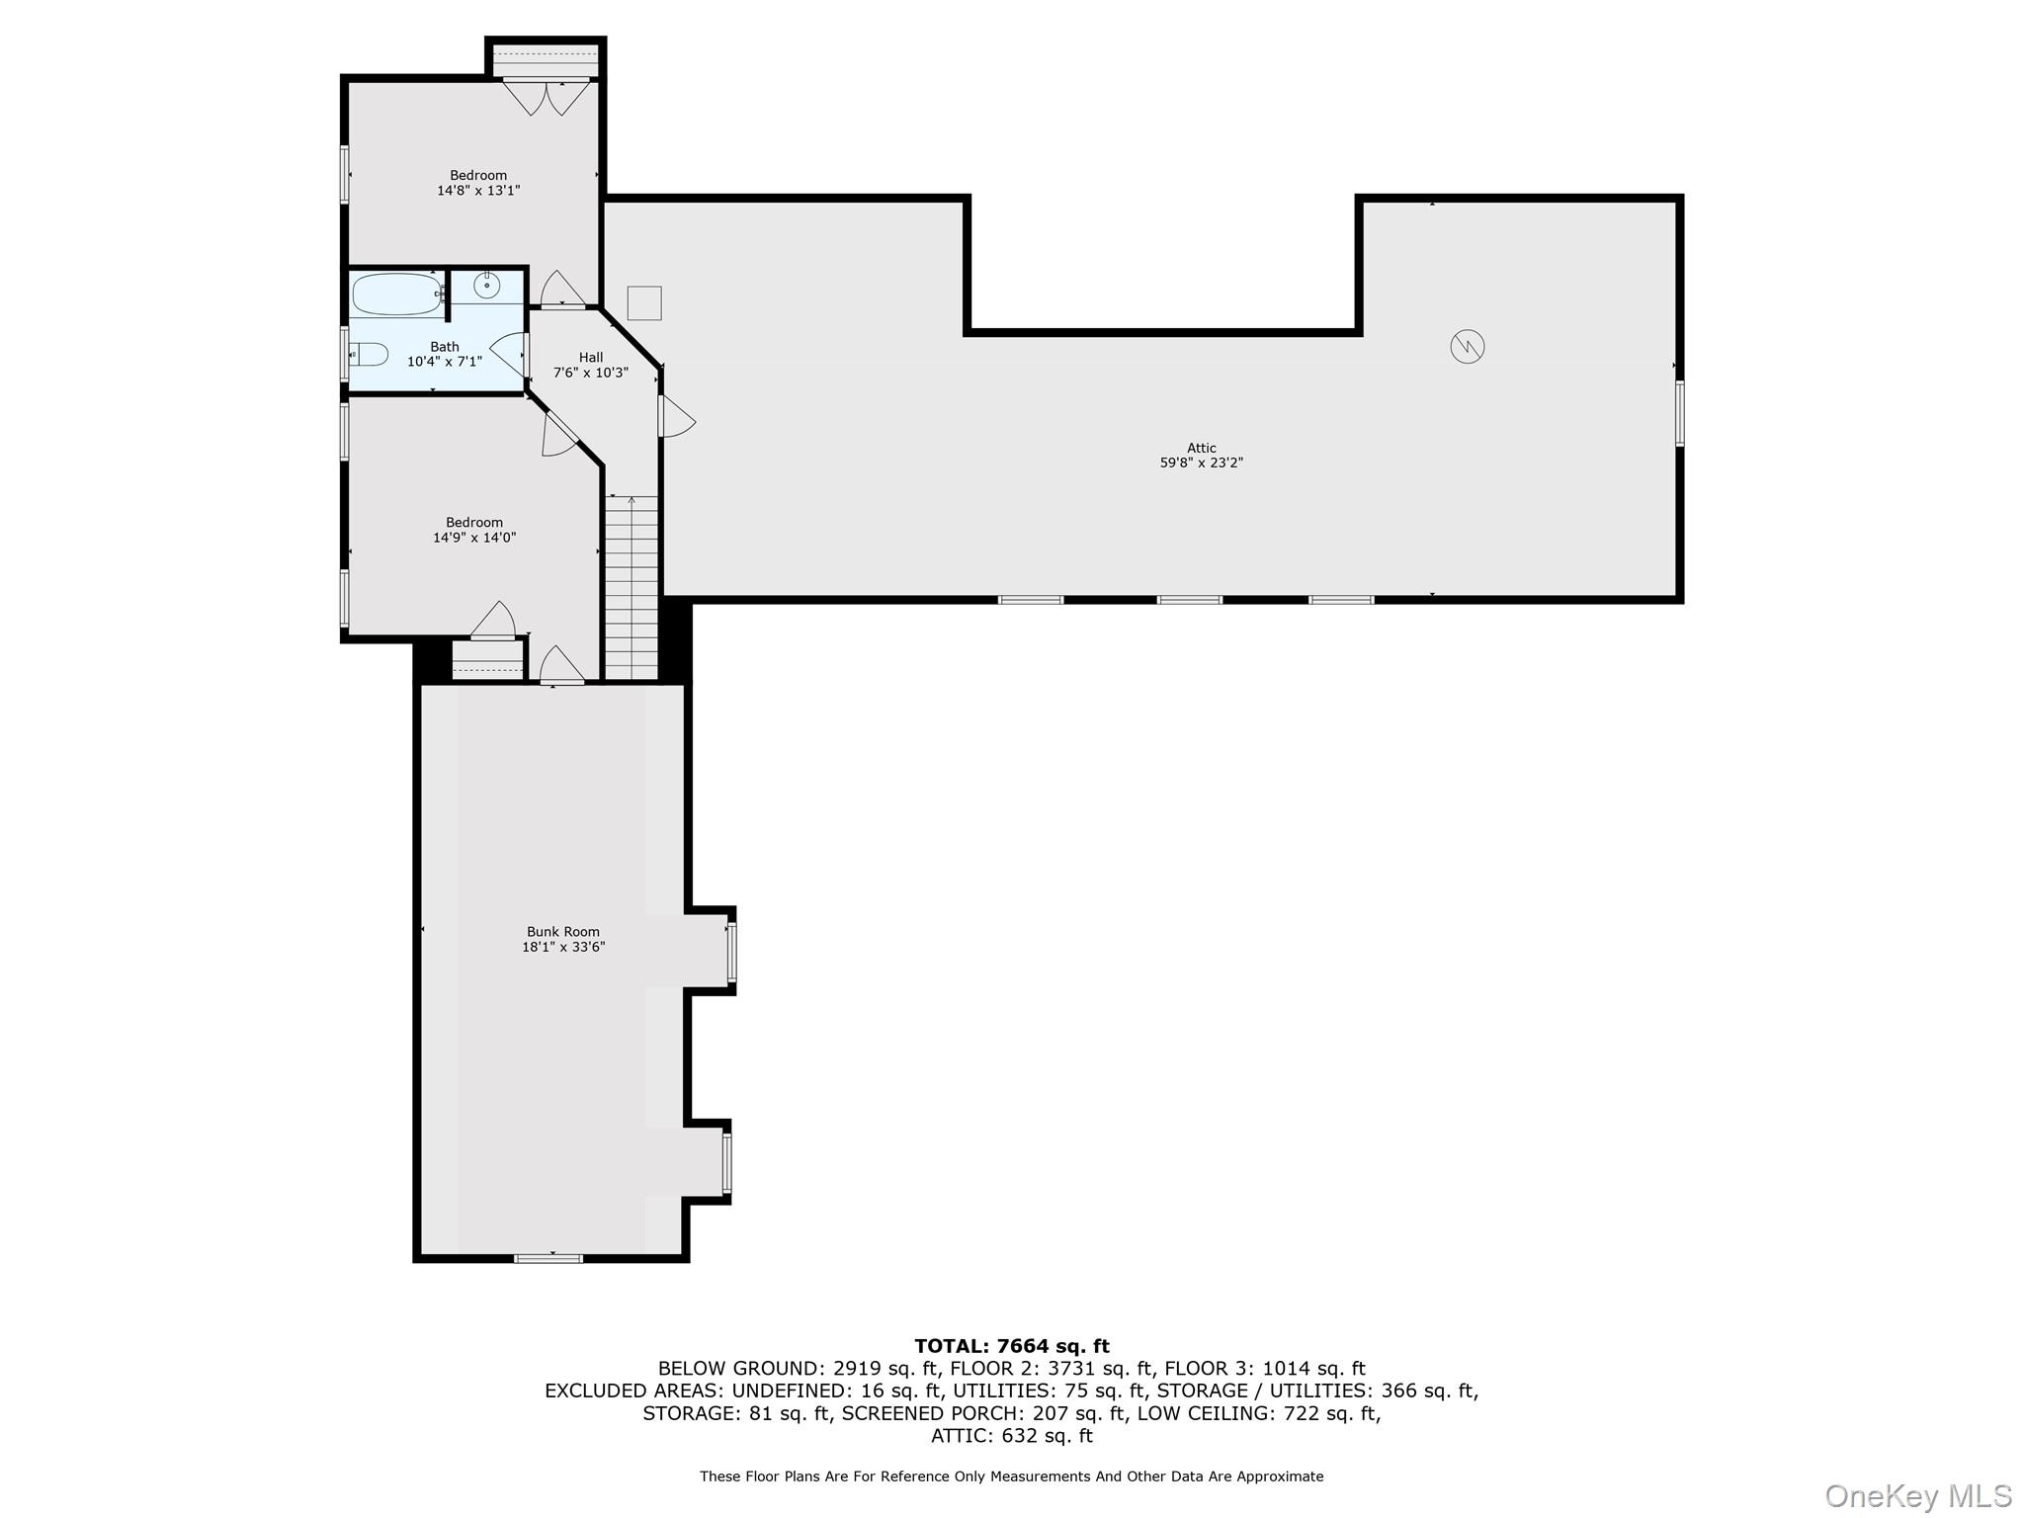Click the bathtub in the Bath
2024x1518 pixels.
point(397,295)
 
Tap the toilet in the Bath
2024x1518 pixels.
point(371,354)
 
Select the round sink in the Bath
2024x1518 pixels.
point(486,286)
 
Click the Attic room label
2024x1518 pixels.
point(1201,448)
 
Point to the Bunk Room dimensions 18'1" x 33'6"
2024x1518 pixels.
point(563,947)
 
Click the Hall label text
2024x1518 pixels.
point(591,358)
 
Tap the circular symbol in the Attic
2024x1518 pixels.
point(1468,347)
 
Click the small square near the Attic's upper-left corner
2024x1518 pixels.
point(644,302)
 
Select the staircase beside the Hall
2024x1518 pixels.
point(632,588)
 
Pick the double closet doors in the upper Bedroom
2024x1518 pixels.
point(546,96)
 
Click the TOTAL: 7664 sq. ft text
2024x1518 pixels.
point(1011,1346)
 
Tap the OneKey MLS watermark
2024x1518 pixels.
point(1917,1496)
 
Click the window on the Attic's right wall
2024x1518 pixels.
point(1679,413)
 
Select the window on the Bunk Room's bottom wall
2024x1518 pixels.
point(548,1258)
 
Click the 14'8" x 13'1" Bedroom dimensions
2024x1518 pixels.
point(478,190)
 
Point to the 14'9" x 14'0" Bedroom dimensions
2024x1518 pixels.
point(474,538)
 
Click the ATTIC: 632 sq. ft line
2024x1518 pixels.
point(1011,1436)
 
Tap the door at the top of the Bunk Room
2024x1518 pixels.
point(561,665)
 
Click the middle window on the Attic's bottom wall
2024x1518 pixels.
point(1190,600)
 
